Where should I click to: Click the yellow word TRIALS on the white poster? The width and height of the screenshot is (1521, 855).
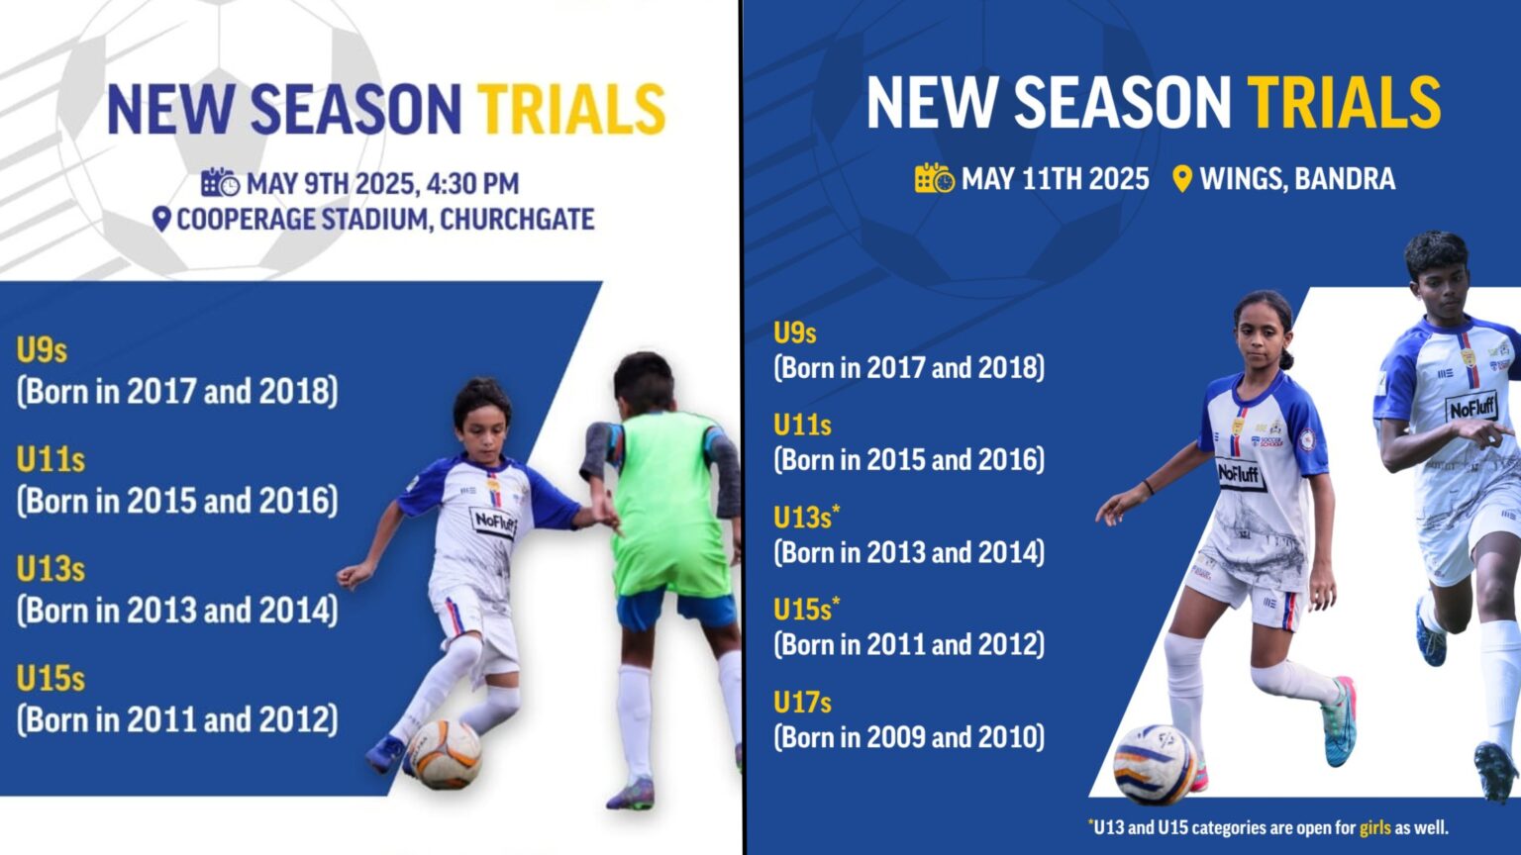point(571,109)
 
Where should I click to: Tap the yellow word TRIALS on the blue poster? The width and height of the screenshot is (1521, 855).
point(1344,102)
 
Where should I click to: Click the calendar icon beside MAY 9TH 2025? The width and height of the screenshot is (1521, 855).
point(220,183)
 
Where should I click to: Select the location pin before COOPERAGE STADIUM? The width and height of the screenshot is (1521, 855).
point(161,220)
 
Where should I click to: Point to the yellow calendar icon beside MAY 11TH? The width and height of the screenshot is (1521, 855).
point(934,179)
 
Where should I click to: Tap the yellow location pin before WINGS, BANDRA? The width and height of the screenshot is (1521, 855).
point(1181,179)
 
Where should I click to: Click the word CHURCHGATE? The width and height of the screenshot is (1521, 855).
point(517,220)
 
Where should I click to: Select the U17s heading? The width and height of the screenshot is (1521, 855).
point(802,703)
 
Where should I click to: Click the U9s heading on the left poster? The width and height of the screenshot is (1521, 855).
point(42,350)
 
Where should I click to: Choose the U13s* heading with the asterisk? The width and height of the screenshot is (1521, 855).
point(806,518)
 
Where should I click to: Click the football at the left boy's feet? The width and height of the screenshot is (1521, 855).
point(446,754)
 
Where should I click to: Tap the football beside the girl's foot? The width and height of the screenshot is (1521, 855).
point(1155,764)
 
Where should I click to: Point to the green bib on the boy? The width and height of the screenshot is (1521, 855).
point(670,505)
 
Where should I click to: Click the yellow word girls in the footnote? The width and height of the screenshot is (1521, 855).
point(1374,827)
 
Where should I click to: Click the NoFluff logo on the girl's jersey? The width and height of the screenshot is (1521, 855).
point(1242,475)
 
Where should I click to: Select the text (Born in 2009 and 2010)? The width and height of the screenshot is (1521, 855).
point(908,737)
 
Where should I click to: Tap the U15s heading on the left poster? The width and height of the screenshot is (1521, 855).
point(51,679)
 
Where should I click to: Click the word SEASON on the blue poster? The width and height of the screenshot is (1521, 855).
point(1122,102)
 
